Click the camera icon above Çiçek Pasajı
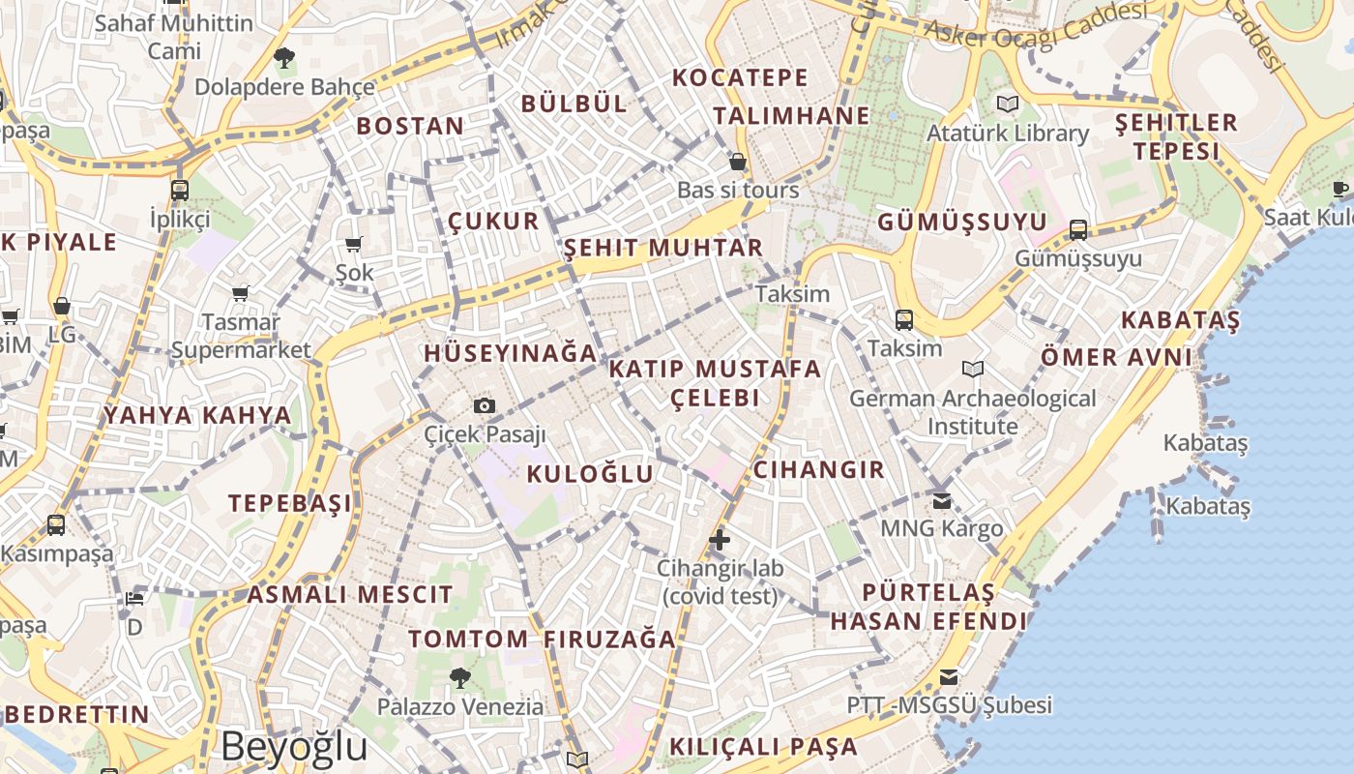click(485, 405)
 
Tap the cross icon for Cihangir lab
click(719, 539)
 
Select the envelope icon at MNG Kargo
click(942, 500)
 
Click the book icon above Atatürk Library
click(1008, 104)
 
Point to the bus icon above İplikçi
click(180, 190)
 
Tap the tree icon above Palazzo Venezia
click(459, 677)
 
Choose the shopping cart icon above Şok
click(353, 244)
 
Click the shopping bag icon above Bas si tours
click(737, 161)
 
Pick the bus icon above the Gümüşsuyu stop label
click(1078, 230)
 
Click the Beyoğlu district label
click(294, 747)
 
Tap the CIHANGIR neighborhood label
click(818, 470)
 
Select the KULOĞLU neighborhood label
click(590, 473)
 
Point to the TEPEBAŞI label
click(290, 503)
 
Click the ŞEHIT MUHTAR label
click(663, 248)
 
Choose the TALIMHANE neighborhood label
click(792, 116)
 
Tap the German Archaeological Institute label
click(973, 412)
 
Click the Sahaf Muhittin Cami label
click(174, 36)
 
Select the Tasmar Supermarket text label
click(241, 336)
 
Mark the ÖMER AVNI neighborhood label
click(1116, 357)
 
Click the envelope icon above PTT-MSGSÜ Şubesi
click(949, 676)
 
